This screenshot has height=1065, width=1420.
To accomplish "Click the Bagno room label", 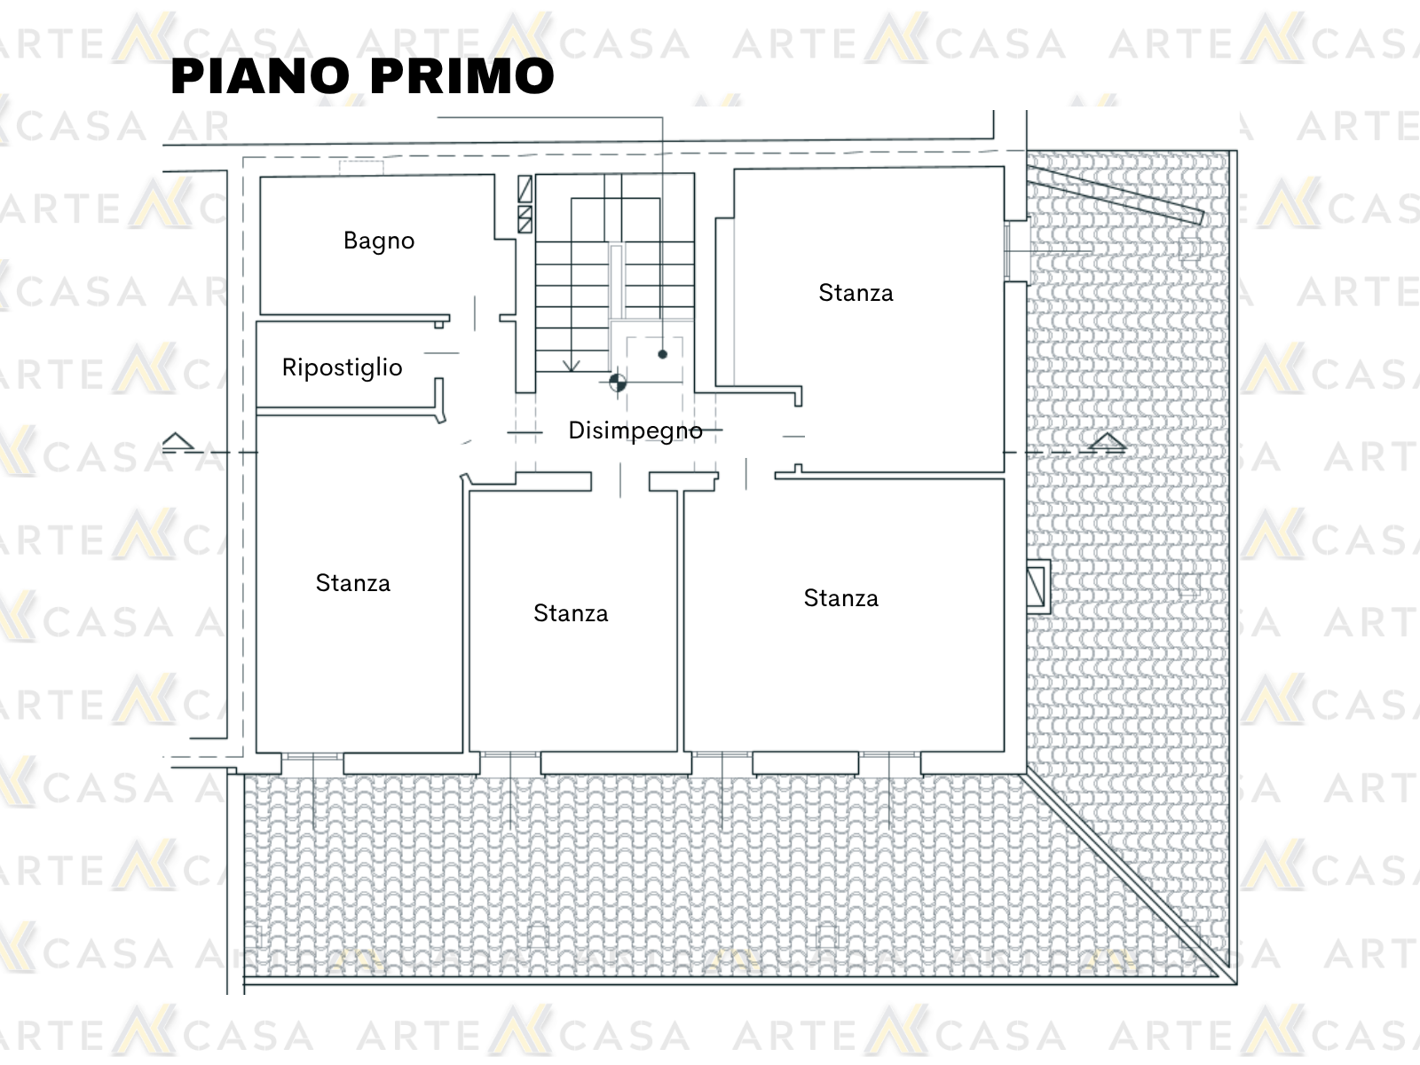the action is point(378,241).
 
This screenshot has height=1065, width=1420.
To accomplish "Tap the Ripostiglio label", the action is point(343,368).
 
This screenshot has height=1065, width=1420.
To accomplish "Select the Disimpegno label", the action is point(635,430).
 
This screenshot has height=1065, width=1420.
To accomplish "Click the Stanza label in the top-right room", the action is point(856,293).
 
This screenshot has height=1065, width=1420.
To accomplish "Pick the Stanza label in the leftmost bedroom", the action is point(352,583).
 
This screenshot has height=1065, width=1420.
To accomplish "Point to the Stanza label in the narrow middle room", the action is point(571,613).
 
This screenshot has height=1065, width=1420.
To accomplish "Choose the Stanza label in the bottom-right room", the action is point(841,598).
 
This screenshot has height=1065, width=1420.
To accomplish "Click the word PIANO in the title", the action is point(260,76).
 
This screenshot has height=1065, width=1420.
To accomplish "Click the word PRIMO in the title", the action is point(462,76).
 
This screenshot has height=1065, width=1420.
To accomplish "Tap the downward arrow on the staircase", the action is point(571,366).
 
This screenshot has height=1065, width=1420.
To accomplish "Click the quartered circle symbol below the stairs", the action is point(618,383).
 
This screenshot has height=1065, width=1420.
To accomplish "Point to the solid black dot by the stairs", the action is point(662,354).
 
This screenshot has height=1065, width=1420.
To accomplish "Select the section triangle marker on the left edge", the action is point(177,441).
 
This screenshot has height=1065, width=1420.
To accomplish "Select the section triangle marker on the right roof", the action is point(1107,442).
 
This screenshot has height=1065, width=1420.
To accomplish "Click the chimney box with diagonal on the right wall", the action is point(1037,587).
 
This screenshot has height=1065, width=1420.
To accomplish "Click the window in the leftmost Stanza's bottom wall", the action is point(312,756).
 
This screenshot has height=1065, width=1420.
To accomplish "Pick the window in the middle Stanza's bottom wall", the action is point(510,755).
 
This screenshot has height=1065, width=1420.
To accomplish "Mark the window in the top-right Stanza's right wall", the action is point(1006,251).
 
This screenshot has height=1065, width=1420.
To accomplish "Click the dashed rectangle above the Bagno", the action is point(361,168).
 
